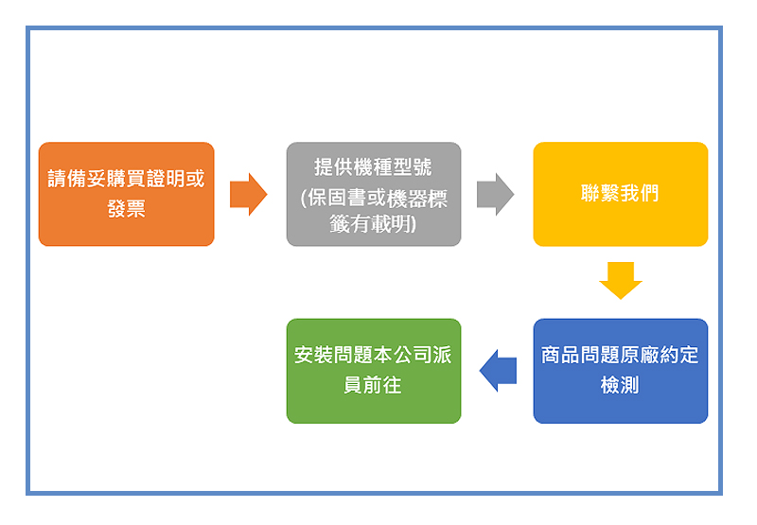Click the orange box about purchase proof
[x=127, y=194]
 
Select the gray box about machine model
[x=374, y=194]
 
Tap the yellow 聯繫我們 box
[x=621, y=194]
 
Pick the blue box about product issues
[x=621, y=371]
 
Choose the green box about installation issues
[x=374, y=371]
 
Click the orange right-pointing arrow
[x=248, y=194]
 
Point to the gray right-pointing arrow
[x=495, y=194]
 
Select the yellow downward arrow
[x=621, y=280]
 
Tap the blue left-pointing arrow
[x=498, y=371]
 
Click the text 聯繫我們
[x=620, y=193]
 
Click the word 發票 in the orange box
[x=127, y=209]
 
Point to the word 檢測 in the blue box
[x=620, y=385]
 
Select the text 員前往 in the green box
[x=373, y=385]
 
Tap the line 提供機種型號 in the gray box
[x=373, y=166]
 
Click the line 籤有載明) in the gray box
[x=373, y=223]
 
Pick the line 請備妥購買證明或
[x=127, y=179]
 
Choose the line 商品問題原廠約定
[x=620, y=355]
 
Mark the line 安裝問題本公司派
[x=373, y=355]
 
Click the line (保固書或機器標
[x=374, y=198]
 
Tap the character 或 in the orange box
[x=196, y=179]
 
